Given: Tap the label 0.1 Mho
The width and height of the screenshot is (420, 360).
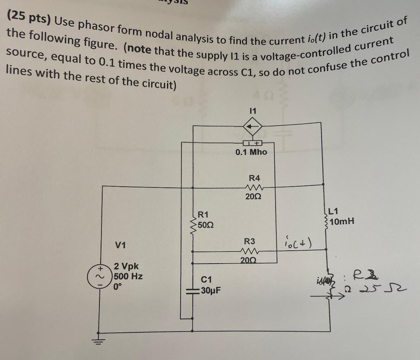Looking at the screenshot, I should point(251,152).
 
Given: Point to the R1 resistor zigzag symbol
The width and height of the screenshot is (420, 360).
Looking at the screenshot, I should point(193,225).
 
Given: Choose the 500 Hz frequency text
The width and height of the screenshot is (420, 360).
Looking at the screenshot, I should point(128,276).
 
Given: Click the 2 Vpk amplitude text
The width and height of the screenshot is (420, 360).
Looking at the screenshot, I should point(126,267).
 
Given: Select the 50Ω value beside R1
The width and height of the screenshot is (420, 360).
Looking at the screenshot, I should point(205,225).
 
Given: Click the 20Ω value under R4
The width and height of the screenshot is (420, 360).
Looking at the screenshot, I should point(253,197).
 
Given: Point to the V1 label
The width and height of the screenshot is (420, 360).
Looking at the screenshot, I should point(121,245).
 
